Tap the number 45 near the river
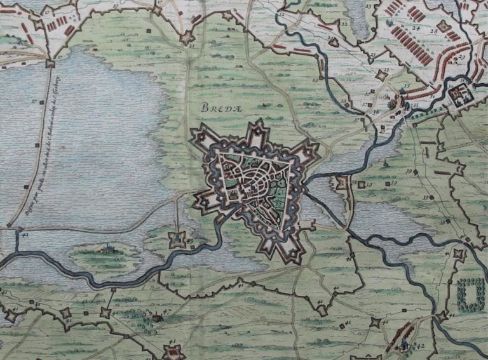[x=189, y=240]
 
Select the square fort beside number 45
[x=177, y=239]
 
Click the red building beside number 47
[x=154, y=316]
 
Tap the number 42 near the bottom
[x=420, y=346]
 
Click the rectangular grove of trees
[x=471, y=294]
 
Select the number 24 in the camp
[x=417, y=29]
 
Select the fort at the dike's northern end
[x=50, y=63]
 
